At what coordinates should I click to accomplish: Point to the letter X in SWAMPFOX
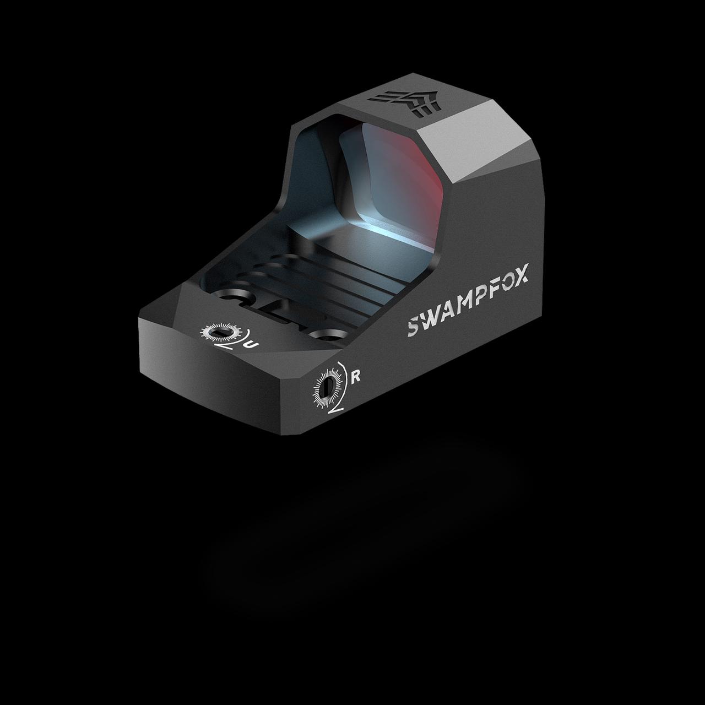coord(521,273)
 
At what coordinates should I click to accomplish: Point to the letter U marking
coord(252,344)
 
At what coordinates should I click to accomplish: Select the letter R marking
coord(356,377)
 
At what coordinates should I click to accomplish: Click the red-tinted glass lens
coord(397,176)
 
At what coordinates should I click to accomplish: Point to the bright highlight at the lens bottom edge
coord(380,231)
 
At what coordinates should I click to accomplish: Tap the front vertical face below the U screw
coord(220,380)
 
